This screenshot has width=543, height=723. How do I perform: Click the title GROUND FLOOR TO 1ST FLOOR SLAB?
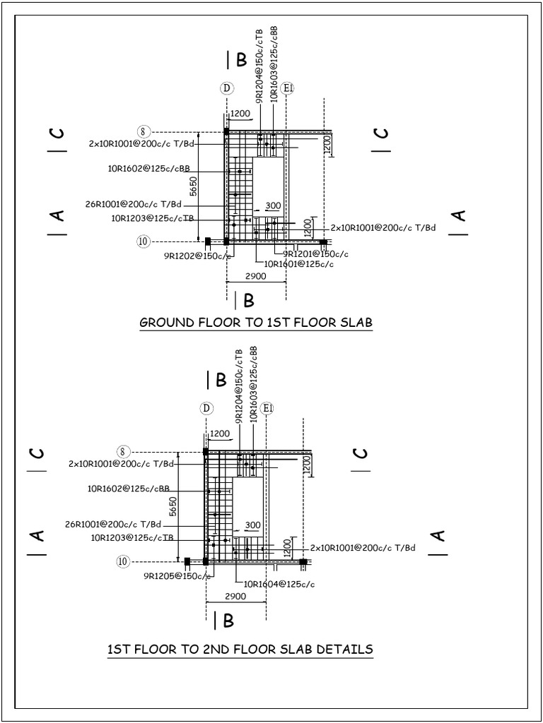256,323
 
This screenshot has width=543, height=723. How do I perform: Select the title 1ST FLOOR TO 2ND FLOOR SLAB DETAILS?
240,649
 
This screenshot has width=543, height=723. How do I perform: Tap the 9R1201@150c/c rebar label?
315,253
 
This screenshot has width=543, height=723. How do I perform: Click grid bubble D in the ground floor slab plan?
227,88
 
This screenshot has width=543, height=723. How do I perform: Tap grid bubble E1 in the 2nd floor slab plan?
267,409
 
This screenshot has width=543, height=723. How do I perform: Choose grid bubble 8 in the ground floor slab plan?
143,131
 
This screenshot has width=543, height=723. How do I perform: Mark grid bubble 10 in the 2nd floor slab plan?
123,561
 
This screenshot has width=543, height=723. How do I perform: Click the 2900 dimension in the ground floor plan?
255,276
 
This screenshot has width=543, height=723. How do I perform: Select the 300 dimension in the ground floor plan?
273,205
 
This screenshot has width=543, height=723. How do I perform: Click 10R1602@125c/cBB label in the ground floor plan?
148,168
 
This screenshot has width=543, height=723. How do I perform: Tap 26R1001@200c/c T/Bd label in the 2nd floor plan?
113,524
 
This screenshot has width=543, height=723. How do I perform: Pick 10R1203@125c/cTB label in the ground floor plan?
152,218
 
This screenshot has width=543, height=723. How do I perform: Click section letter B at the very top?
241,61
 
